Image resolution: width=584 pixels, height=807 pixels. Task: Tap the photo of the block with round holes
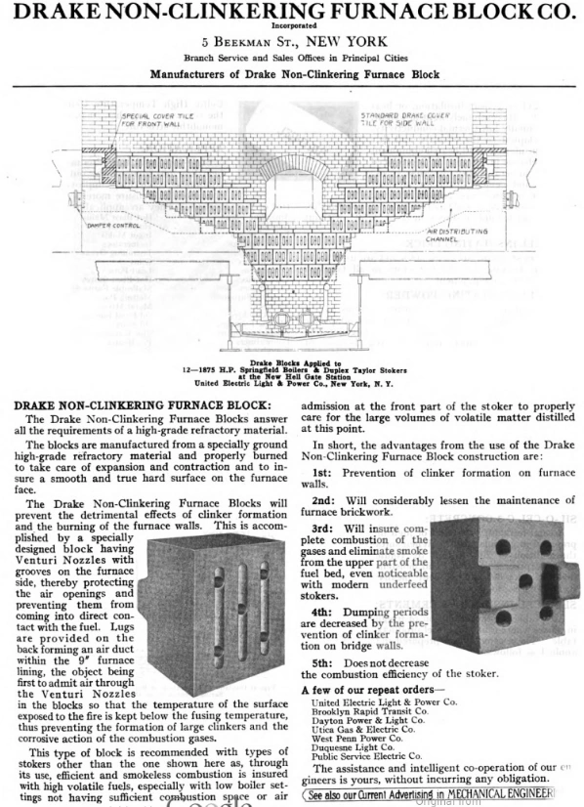502,586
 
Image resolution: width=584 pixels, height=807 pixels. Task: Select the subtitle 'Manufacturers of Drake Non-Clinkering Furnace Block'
291,73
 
